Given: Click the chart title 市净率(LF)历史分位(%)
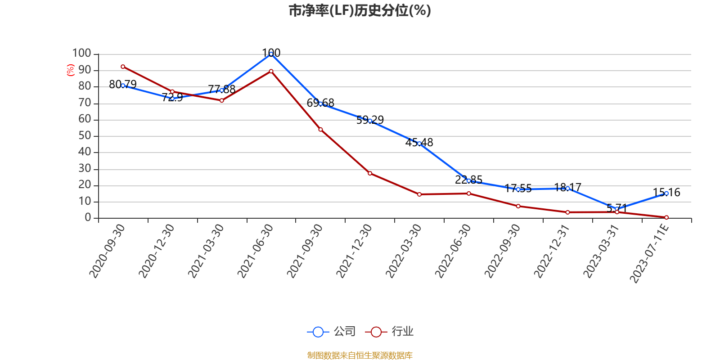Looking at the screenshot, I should point(360,10).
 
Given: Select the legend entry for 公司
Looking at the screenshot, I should point(332,332).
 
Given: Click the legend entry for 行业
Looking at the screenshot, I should point(390,332).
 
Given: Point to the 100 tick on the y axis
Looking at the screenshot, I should point(82,53).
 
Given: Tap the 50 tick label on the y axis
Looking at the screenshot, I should point(85,135).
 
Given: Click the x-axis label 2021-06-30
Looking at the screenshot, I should point(255,251).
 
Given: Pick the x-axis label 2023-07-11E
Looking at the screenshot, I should point(649,253).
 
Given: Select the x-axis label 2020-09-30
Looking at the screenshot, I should point(107,251).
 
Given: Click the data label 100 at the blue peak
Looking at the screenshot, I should point(271,53).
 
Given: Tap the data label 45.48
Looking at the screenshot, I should point(419,143).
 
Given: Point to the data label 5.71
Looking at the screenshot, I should point(616,208).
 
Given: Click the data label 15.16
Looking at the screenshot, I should point(666,193).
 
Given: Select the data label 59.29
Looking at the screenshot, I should point(370,120).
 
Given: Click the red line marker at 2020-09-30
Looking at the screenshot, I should point(123,67).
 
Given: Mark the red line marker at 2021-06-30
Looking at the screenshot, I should point(271,71).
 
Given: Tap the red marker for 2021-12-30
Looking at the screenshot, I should point(370,173).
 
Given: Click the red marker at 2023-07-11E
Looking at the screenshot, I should point(666,217).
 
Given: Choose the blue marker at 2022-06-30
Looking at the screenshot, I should point(469,180).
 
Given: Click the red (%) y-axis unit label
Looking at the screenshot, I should point(70,70).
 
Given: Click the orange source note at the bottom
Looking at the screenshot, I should point(360,355).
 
